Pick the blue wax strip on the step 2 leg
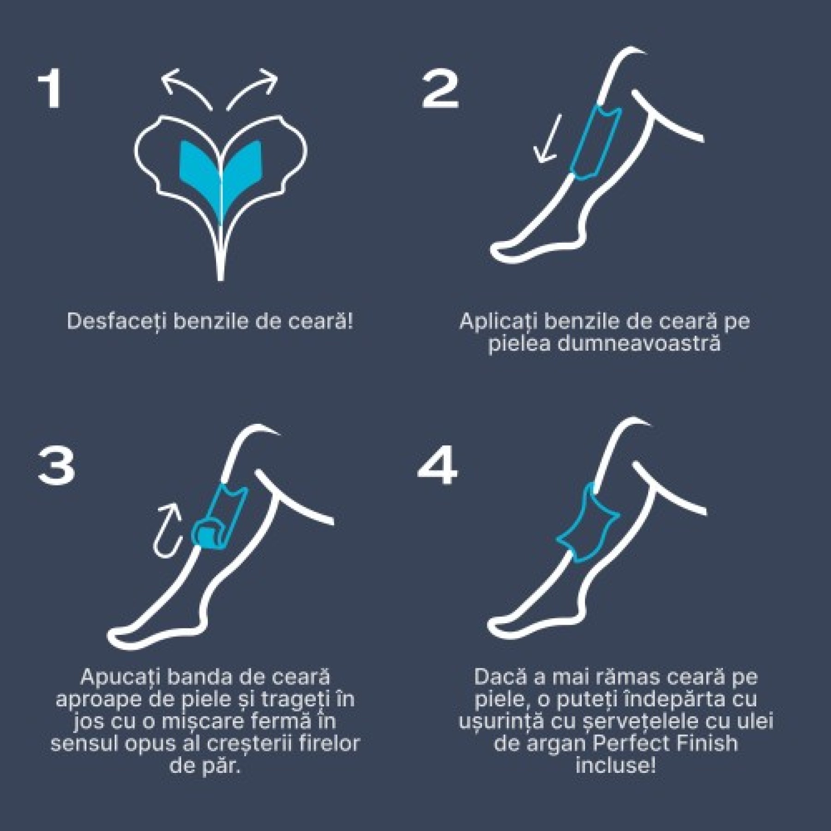pyautogui.click(x=596, y=141)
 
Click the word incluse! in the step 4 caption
pyautogui.click(x=616, y=766)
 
